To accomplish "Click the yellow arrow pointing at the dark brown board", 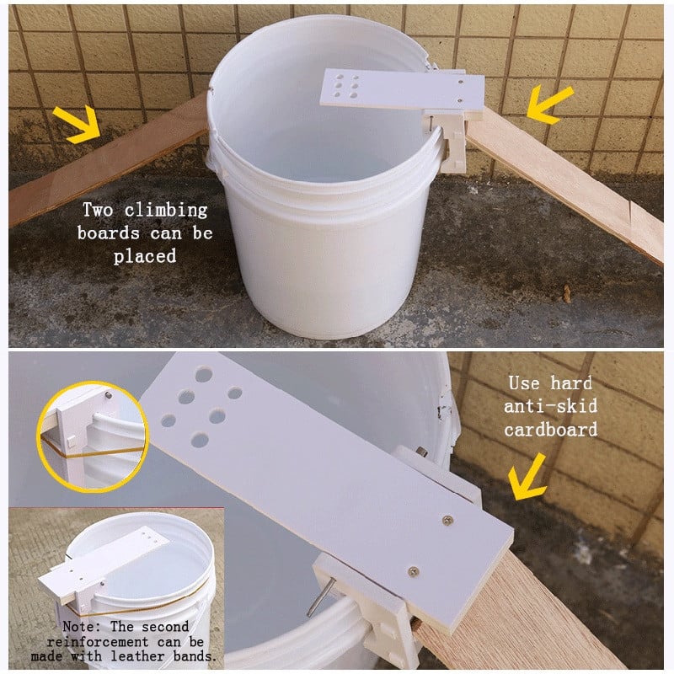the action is (x=78, y=124).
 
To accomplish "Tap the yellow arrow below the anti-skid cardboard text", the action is (x=527, y=477).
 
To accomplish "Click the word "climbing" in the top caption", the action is (x=166, y=210).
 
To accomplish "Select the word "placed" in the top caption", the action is (x=145, y=256).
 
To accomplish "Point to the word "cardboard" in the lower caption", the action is (x=551, y=430).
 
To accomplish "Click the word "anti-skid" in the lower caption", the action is (x=551, y=406).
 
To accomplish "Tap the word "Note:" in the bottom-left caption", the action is (x=81, y=626).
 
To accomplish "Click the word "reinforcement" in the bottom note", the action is (x=98, y=642).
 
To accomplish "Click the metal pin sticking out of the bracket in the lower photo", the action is (x=321, y=596).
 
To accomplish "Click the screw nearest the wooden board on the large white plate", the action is (x=414, y=571).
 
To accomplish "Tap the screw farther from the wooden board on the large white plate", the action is (x=447, y=521).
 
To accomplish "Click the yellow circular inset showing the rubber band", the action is (x=93, y=436).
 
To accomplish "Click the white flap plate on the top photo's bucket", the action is (x=402, y=92).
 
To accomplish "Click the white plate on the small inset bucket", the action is (x=103, y=563).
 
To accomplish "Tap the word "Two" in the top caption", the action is (x=98, y=210).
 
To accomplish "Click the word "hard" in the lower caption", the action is (x=571, y=382).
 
